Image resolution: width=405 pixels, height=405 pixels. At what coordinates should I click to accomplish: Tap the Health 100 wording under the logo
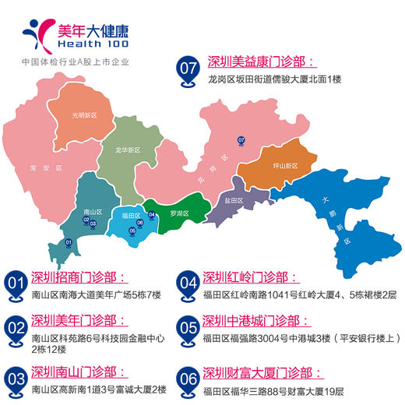(x=93, y=46)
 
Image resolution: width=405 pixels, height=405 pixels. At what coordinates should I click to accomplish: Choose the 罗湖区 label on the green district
(x=180, y=213)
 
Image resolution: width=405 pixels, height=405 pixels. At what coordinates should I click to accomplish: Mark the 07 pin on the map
(x=241, y=140)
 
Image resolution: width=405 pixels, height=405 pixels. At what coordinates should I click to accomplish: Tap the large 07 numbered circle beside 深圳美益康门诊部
(x=188, y=68)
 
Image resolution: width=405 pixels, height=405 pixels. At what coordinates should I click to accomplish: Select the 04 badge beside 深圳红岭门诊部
(x=186, y=283)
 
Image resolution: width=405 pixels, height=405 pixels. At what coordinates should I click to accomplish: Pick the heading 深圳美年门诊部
(x=78, y=321)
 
